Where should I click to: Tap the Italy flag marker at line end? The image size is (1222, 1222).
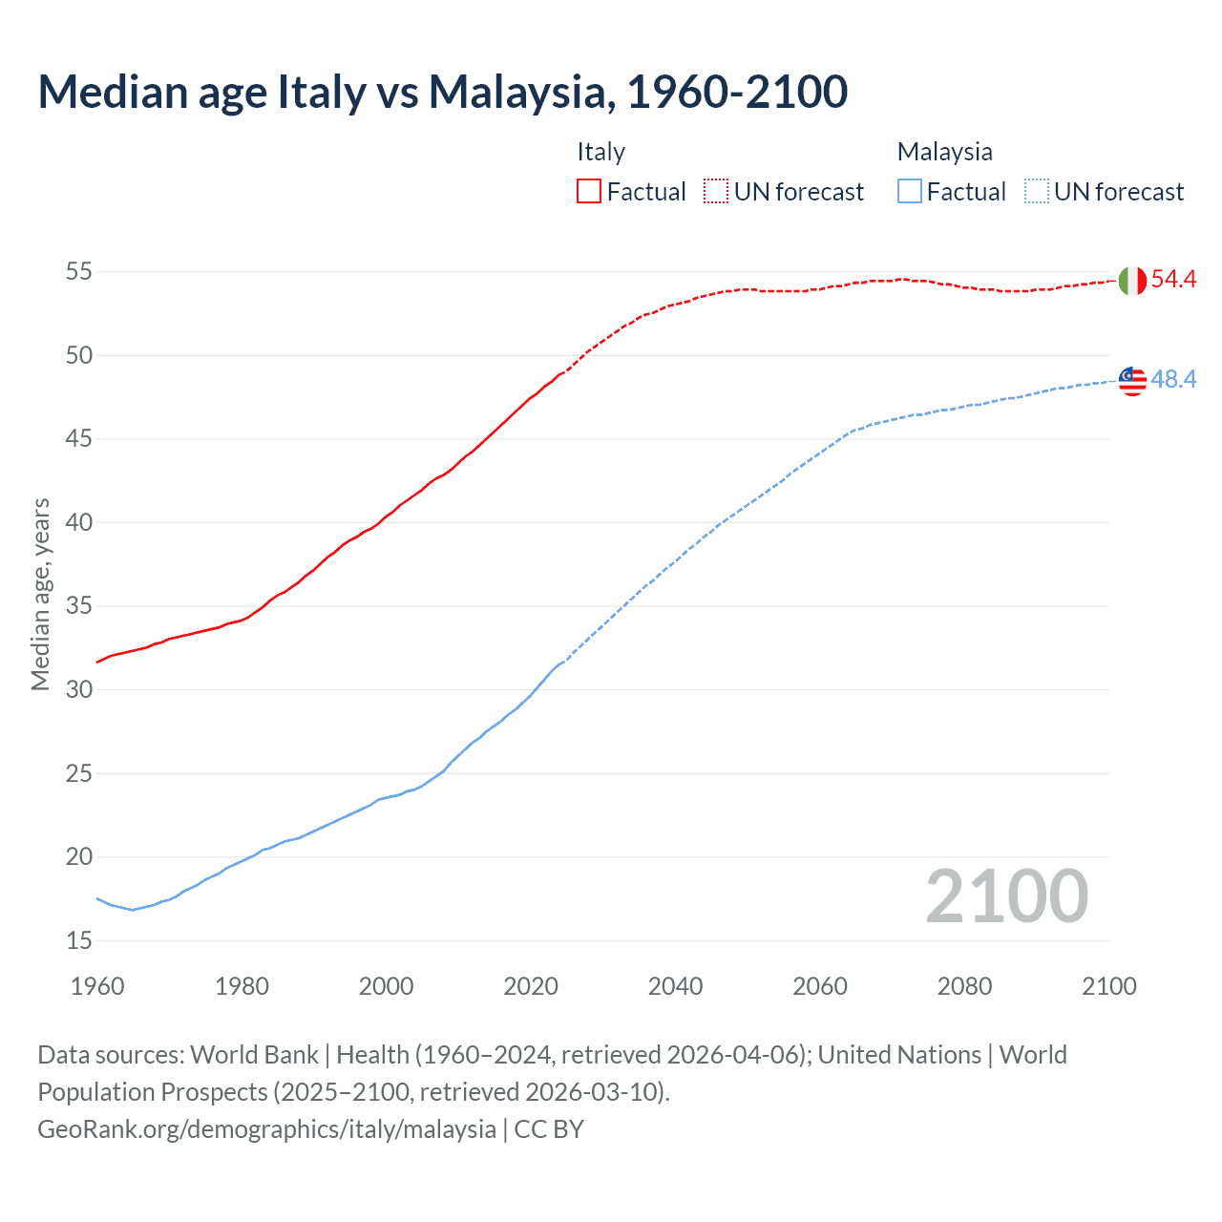pos(1132,281)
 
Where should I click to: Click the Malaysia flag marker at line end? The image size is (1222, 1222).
pos(1132,380)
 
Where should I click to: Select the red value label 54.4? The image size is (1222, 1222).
pos(1173,280)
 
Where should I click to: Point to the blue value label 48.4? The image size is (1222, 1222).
pos(1173,380)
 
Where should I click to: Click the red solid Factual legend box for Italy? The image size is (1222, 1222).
pos(589,192)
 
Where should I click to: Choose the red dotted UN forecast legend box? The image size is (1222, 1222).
pos(716,192)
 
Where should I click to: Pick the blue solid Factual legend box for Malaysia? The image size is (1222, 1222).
pos(910,192)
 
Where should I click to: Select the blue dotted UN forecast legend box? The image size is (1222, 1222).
pos(1037,192)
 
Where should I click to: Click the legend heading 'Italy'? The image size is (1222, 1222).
pos(600,152)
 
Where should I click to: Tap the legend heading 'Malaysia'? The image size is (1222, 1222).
pos(944,152)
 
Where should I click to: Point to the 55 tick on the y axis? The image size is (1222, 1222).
pos(79,272)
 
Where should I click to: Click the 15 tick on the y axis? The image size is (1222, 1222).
pos(79,941)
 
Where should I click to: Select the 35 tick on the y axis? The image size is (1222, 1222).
pos(79,606)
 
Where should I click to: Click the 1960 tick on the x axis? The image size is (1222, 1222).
pos(97,986)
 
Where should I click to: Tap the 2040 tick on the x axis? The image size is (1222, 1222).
pos(675,986)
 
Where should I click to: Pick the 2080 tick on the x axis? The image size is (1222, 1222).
pos(964,986)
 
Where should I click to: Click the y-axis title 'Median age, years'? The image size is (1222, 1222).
pos(40,594)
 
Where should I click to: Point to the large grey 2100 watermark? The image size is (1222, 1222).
pos(1006,896)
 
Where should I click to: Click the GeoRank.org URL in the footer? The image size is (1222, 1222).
pos(266,1129)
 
